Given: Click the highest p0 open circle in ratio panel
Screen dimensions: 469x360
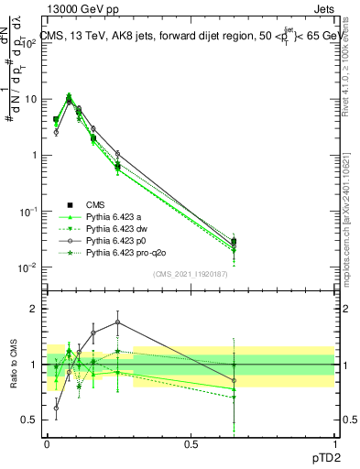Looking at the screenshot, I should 117,322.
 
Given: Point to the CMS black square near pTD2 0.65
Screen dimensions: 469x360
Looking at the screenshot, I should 234,242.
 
